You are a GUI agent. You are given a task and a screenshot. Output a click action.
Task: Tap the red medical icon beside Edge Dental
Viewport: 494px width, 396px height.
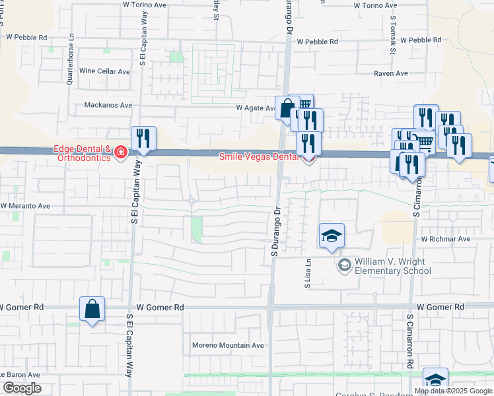click(x=121, y=153)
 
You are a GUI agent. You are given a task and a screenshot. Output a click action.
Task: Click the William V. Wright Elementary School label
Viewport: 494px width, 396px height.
click(x=394, y=265)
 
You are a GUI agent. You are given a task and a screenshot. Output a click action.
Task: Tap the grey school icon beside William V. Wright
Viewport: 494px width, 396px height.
click(x=344, y=265)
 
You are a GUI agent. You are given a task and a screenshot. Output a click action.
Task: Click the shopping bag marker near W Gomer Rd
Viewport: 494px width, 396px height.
click(x=92, y=309)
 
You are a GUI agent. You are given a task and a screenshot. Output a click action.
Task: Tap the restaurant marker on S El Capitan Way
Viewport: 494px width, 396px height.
click(x=143, y=139)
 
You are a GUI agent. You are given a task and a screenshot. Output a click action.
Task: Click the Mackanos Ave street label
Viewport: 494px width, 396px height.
click(x=108, y=105)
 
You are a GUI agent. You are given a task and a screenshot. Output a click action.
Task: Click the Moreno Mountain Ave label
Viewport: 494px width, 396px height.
click(x=228, y=345)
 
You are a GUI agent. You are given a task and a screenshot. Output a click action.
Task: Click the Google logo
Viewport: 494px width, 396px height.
click(x=21, y=388)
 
